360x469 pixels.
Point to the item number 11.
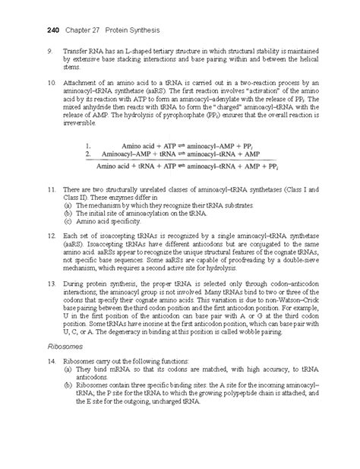click(51, 187)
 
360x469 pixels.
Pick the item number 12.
click(51, 228)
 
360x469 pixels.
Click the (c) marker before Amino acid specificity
click(68, 220)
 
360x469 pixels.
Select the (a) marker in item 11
click(68, 205)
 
